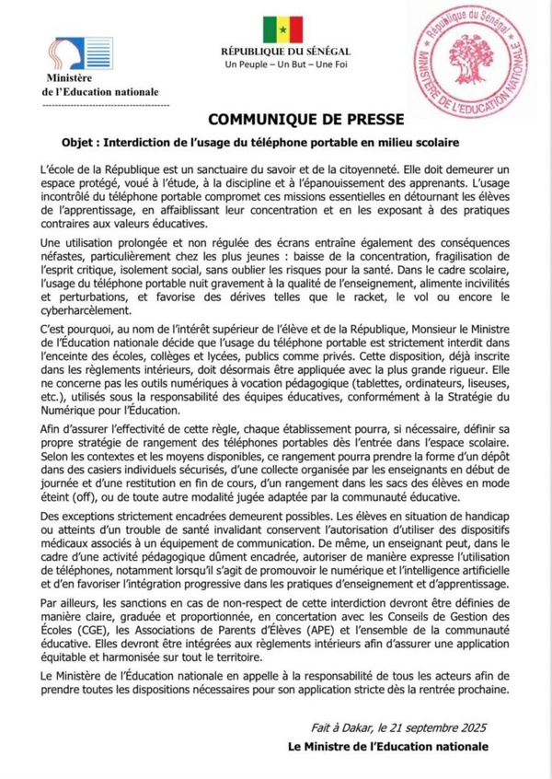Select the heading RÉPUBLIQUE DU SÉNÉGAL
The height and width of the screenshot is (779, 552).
tap(276, 54)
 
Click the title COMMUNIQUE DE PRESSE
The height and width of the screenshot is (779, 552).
tap(276, 121)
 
